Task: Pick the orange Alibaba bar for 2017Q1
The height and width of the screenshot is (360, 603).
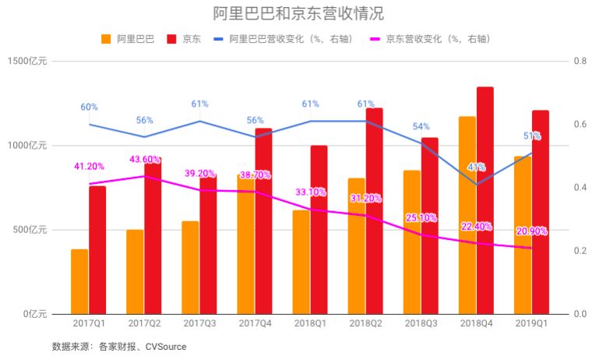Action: pos(79,281)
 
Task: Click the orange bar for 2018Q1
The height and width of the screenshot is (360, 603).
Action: pos(301,262)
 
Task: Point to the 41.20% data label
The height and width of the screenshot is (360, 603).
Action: pos(90,166)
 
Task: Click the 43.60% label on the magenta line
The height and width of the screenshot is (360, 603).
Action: pos(145,160)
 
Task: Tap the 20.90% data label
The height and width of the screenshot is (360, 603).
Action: pos(532,231)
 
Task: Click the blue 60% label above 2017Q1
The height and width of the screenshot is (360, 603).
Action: pos(89,107)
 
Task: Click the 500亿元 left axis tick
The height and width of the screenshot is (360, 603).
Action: pos(30,230)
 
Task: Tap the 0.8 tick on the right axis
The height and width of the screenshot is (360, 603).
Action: pos(580,62)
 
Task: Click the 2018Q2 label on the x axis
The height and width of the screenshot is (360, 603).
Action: pos(365,323)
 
